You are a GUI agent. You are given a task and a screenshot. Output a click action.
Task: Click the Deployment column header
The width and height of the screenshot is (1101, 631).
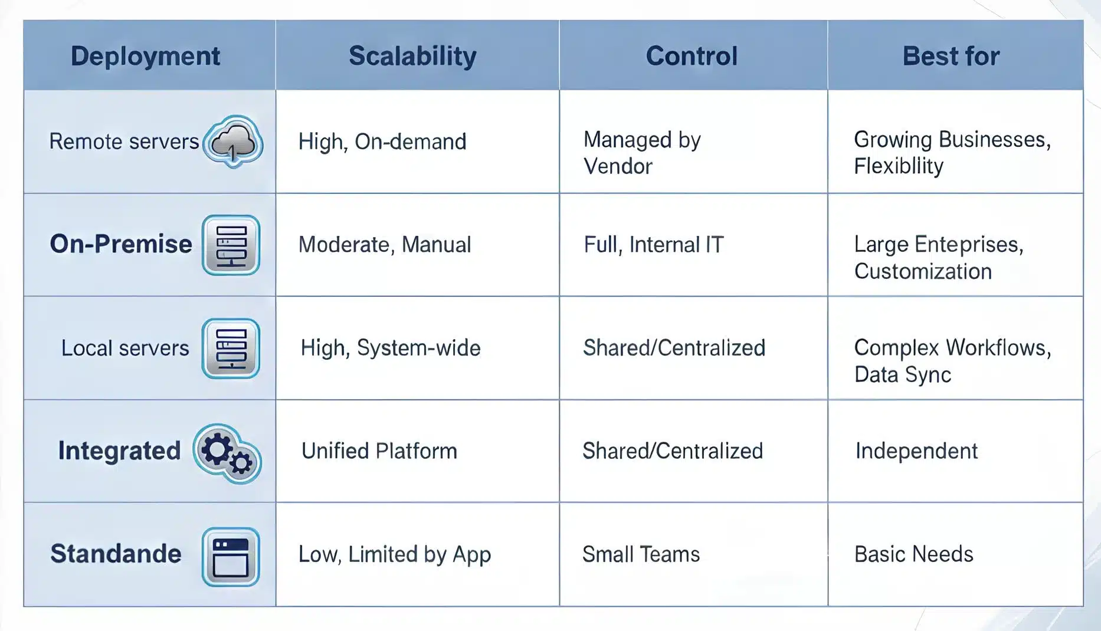(x=145, y=56)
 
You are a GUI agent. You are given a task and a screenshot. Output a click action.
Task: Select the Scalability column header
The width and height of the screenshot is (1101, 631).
(x=412, y=56)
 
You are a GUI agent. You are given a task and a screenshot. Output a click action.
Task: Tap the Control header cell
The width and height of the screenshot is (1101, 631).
(x=692, y=56)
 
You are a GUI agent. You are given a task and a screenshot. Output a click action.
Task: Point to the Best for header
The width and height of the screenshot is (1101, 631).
(x=951, y=56)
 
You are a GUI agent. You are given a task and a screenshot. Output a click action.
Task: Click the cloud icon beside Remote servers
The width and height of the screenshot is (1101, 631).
(x=234, y=142)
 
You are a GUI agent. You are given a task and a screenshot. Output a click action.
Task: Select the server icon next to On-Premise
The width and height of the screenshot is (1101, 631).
(x=231, y=245)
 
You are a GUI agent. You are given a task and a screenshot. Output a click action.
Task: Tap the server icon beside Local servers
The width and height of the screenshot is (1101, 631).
(x=231, y=348)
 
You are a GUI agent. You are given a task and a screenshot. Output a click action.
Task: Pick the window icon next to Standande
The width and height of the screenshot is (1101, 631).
(x=231, y=557)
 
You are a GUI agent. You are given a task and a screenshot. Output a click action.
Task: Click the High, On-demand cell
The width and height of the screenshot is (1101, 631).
(x=382, y=142)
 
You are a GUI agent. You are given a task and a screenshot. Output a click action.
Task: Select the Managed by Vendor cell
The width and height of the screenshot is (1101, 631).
(x=642, y=153)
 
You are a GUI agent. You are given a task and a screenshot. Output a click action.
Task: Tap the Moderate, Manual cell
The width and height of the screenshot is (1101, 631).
(x=385, y=245)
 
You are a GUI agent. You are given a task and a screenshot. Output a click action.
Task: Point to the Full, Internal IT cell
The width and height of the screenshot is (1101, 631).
(x=654, y=245)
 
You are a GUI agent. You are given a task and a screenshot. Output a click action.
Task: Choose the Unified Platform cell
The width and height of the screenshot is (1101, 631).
(x=379, y=451)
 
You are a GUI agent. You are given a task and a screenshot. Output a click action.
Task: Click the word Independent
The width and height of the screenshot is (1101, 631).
(x=916, y=451)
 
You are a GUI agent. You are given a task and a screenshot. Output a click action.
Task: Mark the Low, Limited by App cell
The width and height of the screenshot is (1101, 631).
(x=395, y=554)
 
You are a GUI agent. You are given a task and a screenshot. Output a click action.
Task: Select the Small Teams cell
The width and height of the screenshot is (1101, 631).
(x=641, y=554)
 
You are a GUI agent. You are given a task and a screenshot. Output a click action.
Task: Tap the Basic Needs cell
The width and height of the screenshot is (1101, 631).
(x=914, y=554)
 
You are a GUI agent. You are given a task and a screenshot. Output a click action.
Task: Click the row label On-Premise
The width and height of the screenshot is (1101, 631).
(x=121, y=244)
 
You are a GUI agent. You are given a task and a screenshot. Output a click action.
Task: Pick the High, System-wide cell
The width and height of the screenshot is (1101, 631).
(x=391, y=348)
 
